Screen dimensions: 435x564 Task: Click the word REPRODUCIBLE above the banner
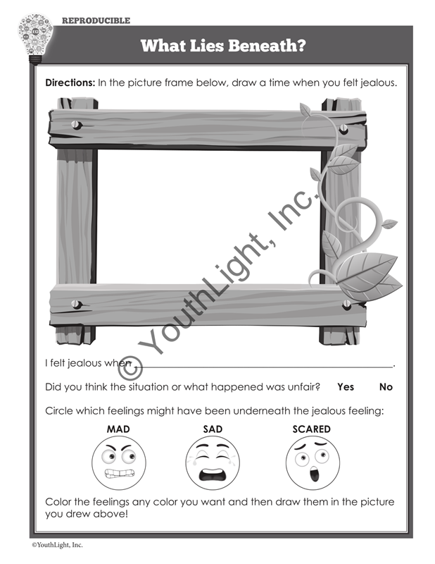pyautogui.click(x=96, y=20)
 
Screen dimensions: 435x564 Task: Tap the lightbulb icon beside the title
pyautogui.click(x=35, y=39)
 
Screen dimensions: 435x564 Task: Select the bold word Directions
pyautogui.click(x=70, y=82)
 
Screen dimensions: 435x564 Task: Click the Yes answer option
pyautogui.click(x=346, y=386)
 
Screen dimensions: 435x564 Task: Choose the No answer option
pyautogui.click(x=386, y=386)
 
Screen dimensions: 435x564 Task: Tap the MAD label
pyautogui.click(x=118, y=429)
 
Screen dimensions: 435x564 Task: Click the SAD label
pyautogui.click(x=213, y=429)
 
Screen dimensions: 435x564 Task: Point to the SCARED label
pyautogui.click(x=311, y=429)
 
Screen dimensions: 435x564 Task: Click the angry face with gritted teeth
pyautogui.click(x=119, y=462)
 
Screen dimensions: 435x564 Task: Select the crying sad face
pyautogui.click(x=213, y=462)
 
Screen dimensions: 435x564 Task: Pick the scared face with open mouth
pyautogui.click(x=313, y=462)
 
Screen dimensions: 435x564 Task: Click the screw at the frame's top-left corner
pyautogui.click(x=77, y=125)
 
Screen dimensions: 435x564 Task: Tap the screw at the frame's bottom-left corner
pyautogui.click(x=77, y=304)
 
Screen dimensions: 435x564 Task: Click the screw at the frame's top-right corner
pyautogui.click(x=343, y=128)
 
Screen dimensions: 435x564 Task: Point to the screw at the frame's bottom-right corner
pyautogui.click(x=346, y=305)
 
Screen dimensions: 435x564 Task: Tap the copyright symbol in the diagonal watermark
pyautogui.click(x=130, y=368)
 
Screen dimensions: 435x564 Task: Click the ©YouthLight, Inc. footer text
pyautogui.click(x=57, y=545)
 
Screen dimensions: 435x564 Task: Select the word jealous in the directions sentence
pyautogui.click(x=377, y=82)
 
